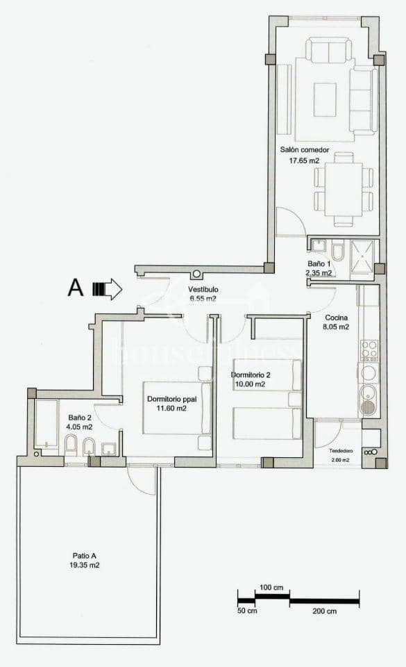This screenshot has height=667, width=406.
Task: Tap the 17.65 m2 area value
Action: pos(304,161)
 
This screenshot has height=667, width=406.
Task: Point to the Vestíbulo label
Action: pos(203,289)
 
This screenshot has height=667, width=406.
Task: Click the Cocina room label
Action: pos(338,318)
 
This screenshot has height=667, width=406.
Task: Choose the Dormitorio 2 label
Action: pos(249,375)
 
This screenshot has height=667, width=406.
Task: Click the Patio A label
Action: pos(85,555)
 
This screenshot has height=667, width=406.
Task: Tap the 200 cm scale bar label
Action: pos(323,611)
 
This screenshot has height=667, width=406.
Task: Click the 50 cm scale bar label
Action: pos(247,611)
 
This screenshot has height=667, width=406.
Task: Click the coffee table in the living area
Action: pos(325,94)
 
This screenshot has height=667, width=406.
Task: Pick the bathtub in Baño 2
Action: pos(46,424)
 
